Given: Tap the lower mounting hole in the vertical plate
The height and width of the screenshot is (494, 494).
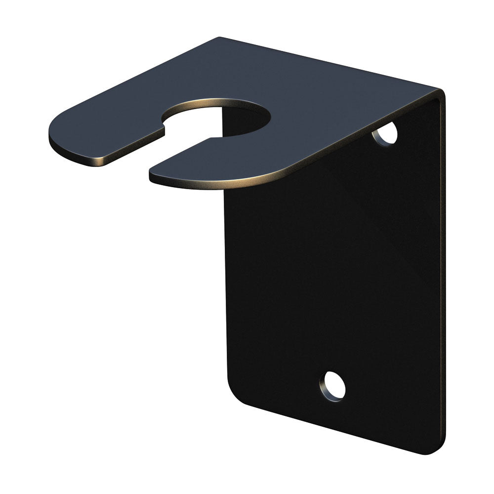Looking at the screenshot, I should [x=332, y=386].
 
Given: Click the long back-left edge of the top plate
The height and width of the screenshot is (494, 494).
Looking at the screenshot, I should [x=133, y=79].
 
